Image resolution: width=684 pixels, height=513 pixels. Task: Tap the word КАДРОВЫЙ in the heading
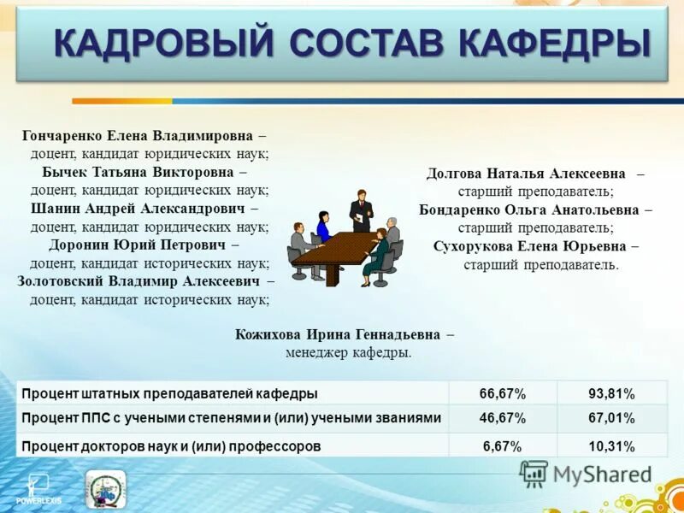[164, 44]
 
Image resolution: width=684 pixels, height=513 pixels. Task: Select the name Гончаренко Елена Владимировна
[138, 136]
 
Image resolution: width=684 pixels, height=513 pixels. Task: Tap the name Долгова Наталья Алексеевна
[526, 174]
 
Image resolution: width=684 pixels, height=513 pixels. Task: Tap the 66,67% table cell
[503, 394]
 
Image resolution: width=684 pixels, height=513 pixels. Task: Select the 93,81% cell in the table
[611, 394]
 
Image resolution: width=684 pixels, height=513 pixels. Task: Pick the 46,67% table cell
[503, 419]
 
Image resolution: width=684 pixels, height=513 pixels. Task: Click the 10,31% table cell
[611, 445]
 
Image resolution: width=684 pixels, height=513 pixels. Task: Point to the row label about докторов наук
[172, 445]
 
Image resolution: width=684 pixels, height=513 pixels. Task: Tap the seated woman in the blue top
[322, 227]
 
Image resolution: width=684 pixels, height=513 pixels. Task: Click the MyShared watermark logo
[586, 473]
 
